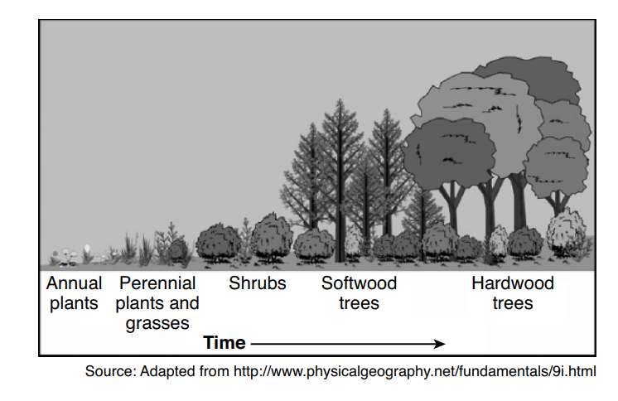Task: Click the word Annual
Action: click(x=74, y=283)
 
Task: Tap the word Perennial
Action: click(x=157, y=283)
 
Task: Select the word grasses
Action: click(x=157, y=323)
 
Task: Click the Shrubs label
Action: click(x=258, y=283)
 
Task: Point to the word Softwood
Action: click(x=359, y=283)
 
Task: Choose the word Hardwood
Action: click(x=513, y=283)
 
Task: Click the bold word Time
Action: click(x=225, y=343)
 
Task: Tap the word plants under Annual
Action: click(x=74, y=303)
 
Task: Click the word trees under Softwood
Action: click(x=359, y=303)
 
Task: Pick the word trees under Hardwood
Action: click(x=513, y=303)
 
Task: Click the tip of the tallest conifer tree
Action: click(x=339, y=101)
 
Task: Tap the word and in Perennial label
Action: click(x=186, y=303)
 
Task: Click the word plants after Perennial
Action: click(x=141, y=303)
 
